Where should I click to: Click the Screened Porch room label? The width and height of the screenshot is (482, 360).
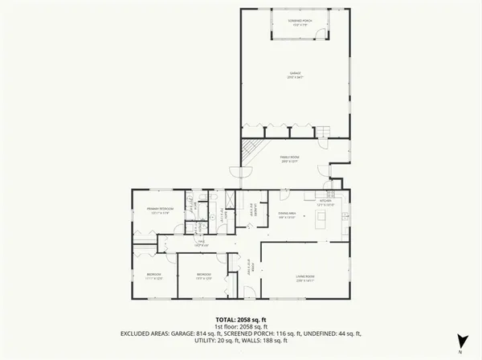click(295, 22)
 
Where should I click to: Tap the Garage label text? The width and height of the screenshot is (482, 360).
click(295, 76)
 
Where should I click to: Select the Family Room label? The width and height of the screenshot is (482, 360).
click(289, 160)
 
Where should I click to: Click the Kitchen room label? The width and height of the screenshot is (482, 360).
click(324, 202)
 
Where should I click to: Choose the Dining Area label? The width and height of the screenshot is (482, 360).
click(288, 215)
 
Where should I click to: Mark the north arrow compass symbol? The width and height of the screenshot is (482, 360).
click(460, 341)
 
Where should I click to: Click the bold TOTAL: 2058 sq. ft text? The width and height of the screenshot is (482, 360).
click(240, 319)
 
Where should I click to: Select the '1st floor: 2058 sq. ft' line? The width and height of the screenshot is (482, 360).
click(240, 326)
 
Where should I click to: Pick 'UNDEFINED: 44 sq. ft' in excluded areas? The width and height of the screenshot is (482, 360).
click(333, 333)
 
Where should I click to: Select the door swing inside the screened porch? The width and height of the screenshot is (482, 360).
click(321, 34)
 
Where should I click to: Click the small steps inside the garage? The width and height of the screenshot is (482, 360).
click(323, 132)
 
